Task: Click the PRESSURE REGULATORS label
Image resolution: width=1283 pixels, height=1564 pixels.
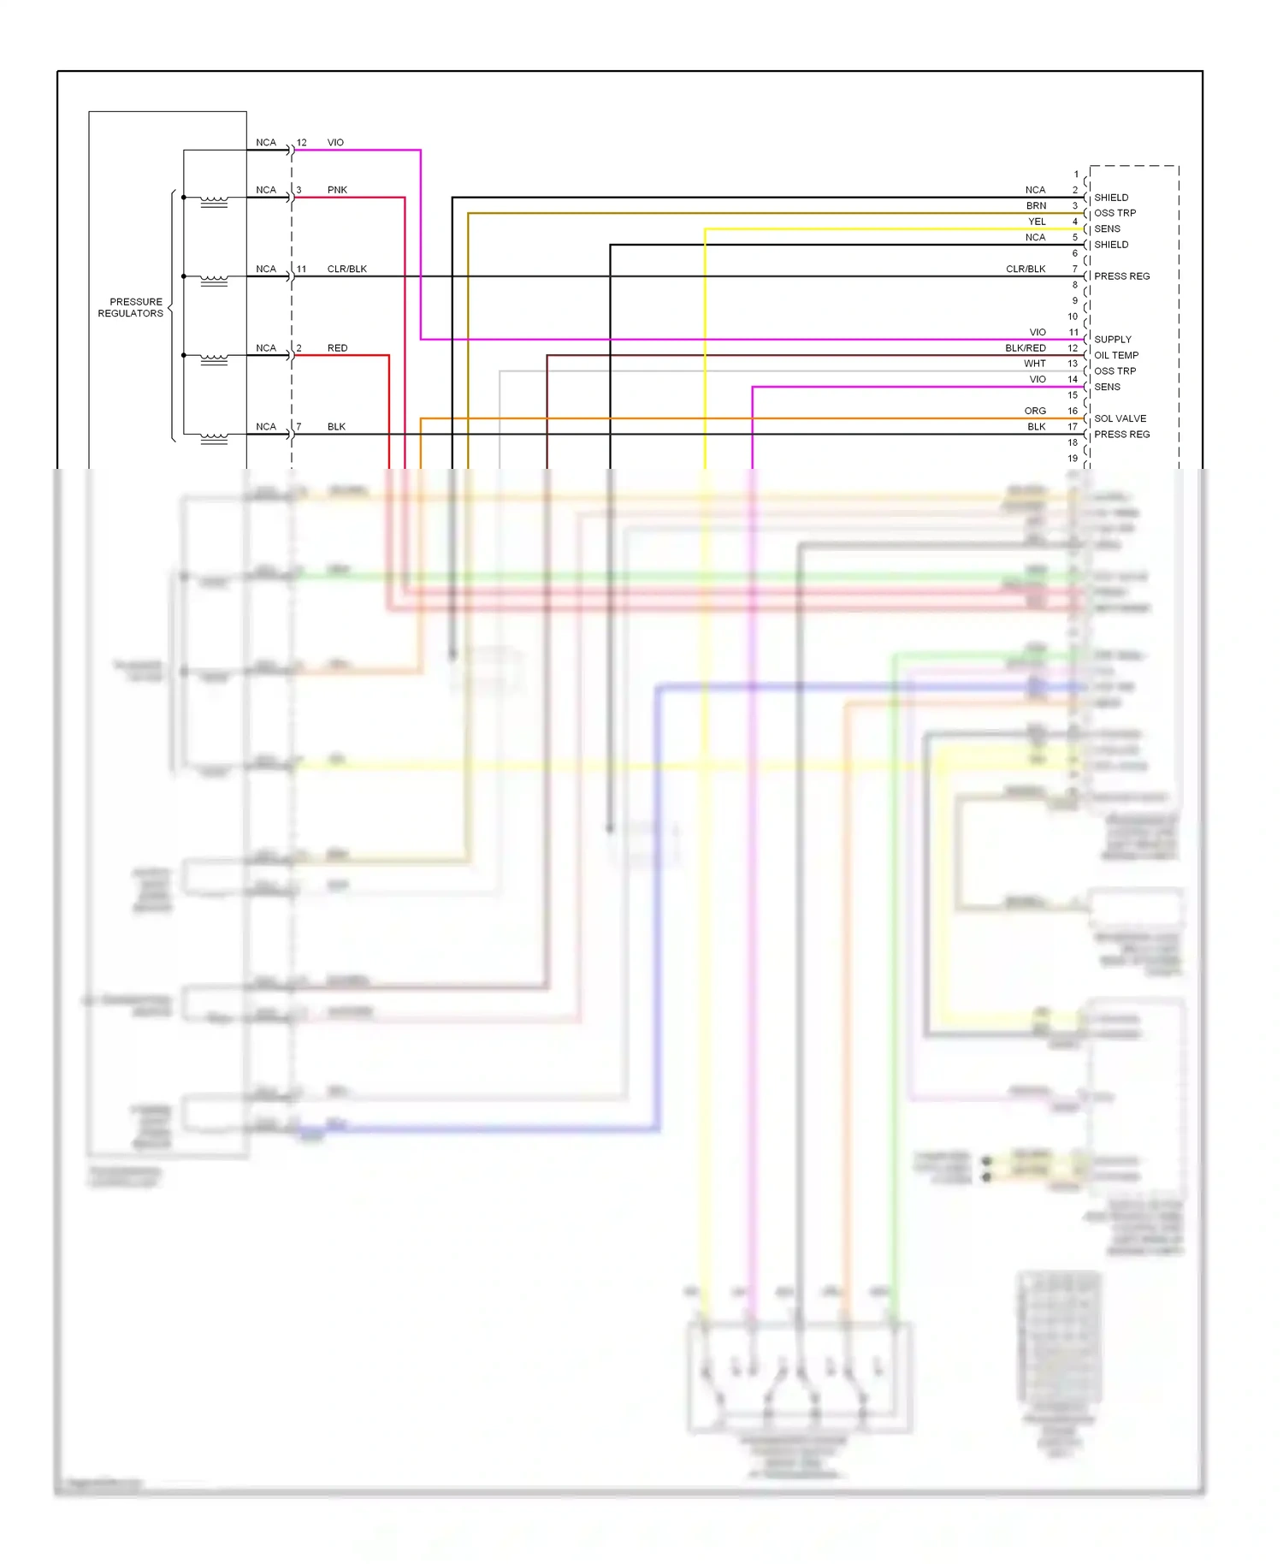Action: click(131, 307)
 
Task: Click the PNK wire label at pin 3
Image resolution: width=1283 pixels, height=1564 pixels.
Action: click(337, 190)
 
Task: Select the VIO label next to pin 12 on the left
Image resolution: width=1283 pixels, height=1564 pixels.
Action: click(335, 143)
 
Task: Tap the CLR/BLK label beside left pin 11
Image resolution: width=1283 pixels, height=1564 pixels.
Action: click(346, 269)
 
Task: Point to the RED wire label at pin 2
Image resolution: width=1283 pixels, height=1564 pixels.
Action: click(337, 348)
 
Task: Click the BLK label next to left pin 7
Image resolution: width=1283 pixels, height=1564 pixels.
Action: click(336, 427)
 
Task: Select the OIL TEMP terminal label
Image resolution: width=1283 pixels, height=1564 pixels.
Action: click(1116, 355)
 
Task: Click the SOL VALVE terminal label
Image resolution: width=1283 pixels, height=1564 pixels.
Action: click(1120, 418)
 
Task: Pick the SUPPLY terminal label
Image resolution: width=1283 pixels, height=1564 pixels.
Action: click(1112, 340)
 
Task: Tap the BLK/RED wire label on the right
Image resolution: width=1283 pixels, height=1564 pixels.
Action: click(1025, 348)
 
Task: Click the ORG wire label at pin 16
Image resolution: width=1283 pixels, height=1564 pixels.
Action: click(1035, 412)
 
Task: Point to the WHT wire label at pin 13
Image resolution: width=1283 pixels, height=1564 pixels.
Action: click(1034, 364)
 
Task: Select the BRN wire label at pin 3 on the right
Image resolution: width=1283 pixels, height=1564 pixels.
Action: click(1036, 206)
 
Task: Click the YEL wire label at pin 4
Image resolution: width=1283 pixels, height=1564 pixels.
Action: click(1037, 222)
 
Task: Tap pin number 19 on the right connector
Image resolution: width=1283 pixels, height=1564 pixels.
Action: click(1073, 459)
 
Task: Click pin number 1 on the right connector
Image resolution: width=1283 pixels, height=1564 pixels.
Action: click(1076, 175)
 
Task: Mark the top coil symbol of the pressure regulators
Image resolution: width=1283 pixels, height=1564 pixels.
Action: click(214, 202)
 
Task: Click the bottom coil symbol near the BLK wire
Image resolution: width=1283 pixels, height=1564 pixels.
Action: click(214, 439)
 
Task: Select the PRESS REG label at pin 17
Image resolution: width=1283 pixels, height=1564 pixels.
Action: click(1121, 435)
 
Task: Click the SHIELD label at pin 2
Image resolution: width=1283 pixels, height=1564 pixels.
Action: click(1111, 198)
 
